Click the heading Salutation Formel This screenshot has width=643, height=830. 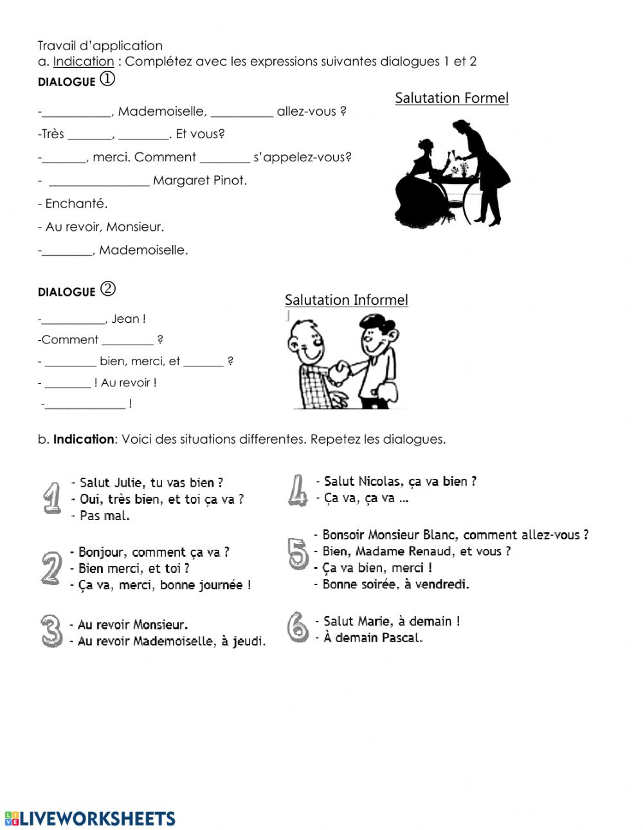pos(451,98)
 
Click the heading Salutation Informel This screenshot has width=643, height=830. pos(346,300)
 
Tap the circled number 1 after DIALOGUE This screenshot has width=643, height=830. pos(107,79)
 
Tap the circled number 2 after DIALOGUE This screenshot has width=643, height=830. pos(108,289)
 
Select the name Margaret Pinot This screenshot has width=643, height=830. pos(199,181)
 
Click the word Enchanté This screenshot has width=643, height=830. pos(76,204)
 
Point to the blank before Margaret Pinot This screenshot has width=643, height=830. pos(99,182)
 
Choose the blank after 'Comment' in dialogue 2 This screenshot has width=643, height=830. pos(127,341)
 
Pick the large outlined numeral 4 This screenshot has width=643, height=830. pos(297,491)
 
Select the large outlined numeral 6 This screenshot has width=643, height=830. pos(298,627)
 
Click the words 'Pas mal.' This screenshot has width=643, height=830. pos(104,516)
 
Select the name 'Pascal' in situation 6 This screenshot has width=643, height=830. pos(402,638)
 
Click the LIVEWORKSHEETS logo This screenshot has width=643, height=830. pos(90,818)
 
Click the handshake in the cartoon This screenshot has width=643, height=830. pos(338,372)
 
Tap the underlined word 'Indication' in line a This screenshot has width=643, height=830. pos(84,62)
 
